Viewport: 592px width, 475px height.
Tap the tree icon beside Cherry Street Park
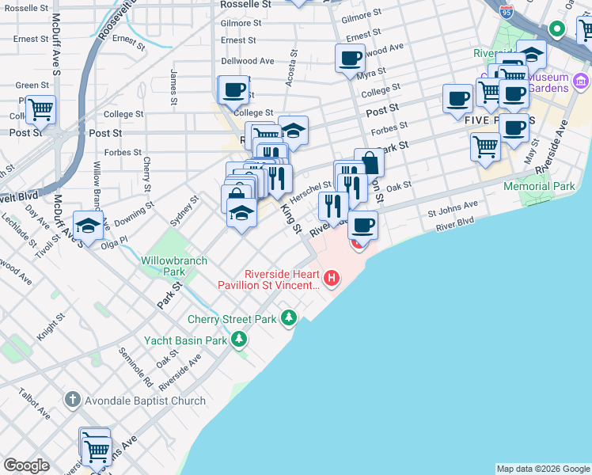coord(290,319)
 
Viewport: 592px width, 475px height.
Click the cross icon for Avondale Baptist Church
coord(72,401)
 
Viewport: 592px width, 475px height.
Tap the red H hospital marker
coord(332,279)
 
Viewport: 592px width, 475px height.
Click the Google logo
coord(25,465)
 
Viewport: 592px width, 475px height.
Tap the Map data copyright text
coord(542,469)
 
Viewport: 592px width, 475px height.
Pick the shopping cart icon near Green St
coord(40,108)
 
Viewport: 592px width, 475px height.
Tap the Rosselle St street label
coord(250,4)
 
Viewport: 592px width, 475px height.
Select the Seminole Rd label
coord(135,369)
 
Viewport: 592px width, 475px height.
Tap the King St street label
coord(292,218)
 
